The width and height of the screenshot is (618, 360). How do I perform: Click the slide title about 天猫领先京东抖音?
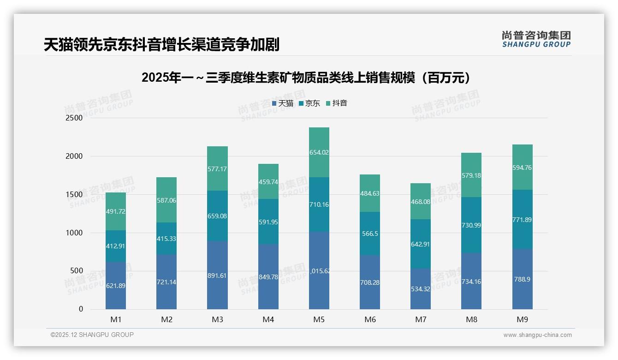click(161, 45)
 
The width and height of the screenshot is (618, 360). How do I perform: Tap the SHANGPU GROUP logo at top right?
click(536, 39)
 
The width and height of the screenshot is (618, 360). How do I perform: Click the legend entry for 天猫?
click(283, 103)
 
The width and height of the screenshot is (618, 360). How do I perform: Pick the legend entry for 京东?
click(309, 103)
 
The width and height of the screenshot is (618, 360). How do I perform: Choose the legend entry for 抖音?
click(337, 103)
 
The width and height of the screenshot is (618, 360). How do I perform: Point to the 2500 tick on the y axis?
click(74, 118)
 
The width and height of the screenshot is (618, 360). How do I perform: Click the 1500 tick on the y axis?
click(74, 195)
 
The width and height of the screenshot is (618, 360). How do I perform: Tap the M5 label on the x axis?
click(319, 319)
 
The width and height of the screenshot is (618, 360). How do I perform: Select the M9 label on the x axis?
click(522, 319)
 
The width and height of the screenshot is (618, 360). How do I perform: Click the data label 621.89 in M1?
click(115, 286)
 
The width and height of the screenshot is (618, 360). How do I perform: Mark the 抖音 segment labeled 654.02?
click(319, 152)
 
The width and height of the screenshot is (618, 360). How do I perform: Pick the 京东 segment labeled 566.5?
click(370, 234)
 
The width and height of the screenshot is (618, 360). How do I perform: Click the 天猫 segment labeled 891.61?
click(217, 275)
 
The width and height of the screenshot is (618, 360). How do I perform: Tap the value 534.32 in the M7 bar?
click(420, 289)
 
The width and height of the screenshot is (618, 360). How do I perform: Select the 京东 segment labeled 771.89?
click(522, 220)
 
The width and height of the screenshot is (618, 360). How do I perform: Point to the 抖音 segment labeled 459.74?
click(268, 182)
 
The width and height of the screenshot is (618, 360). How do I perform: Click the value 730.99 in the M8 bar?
click(471, 225)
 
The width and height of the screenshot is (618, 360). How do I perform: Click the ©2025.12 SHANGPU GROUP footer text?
click(92, 335)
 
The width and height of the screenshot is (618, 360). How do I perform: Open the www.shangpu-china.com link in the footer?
click(537, 335)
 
